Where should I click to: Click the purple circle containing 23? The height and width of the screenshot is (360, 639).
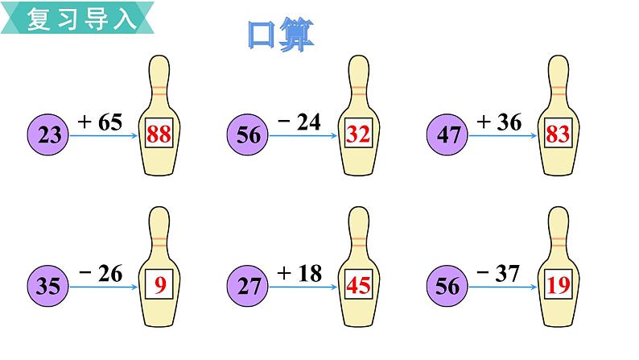click(50, 135)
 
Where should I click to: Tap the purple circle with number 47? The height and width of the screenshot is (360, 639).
click(449, 135)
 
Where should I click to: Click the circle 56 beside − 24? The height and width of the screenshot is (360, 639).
click(249, 135)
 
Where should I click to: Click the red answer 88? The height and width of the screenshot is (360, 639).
click(159, 135)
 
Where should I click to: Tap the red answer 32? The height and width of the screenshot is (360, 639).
click(358, 135)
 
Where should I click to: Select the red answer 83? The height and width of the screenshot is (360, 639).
click(557, 135)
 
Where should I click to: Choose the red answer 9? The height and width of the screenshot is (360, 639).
click(159, 283)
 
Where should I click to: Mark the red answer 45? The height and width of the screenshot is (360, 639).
click(358, 283)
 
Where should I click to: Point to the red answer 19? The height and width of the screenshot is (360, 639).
click(557, 283)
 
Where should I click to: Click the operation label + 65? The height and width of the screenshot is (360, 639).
click(99, 122)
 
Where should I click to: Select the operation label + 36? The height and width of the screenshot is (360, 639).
click(499, 122)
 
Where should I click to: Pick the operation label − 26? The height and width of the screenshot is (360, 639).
click(99, 274)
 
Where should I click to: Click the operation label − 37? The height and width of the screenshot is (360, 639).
click(499, 274)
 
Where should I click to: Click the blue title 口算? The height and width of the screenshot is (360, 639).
click(281, 35)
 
